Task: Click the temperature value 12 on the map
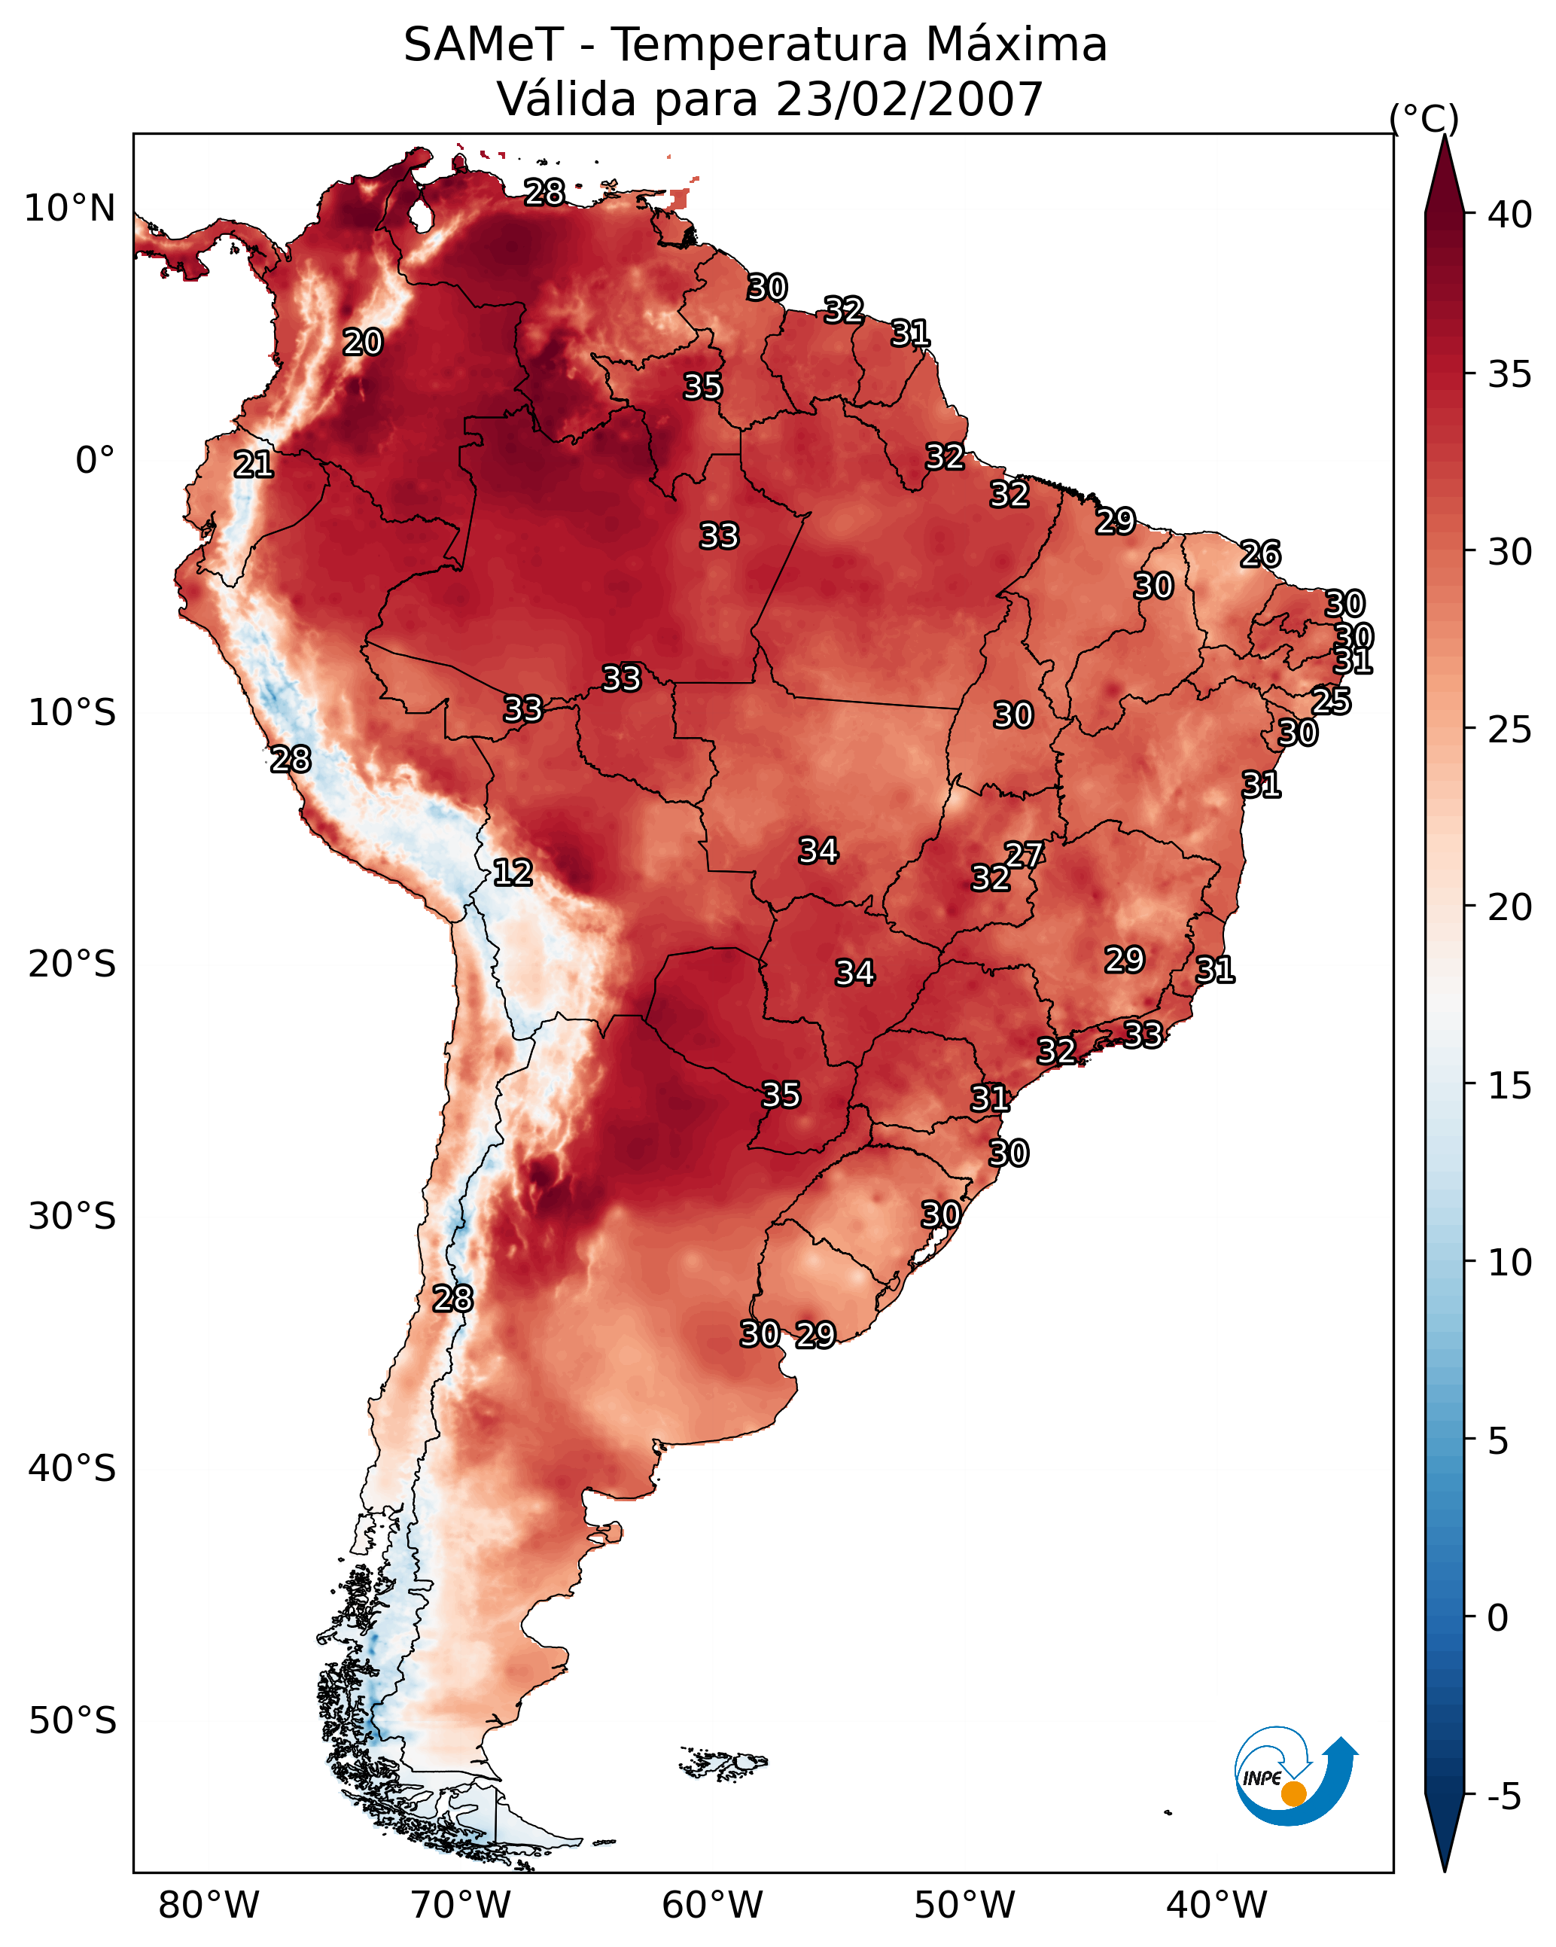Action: (512, 873)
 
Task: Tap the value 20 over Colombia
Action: (362, 343)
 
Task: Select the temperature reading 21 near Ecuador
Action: (253, 465)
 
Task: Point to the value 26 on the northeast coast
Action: (1260, 553)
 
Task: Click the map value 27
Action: (1024, 855)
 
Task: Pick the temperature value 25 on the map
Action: (1331, 701)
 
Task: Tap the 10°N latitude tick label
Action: (69, 209)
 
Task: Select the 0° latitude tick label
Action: (95, 461)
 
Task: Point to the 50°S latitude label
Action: (72, 1721)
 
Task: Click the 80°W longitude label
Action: (209, 1905)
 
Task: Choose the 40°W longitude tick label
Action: (1216, 1905)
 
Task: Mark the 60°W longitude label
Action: (713, 1905)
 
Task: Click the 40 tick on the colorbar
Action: (1510, 215)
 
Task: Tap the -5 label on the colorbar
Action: (1505, 1797)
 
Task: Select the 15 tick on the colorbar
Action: (1510, 1086)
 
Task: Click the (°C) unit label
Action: (1424, 119)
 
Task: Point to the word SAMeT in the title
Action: (483, 45)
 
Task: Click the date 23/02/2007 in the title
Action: (909, 99)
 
